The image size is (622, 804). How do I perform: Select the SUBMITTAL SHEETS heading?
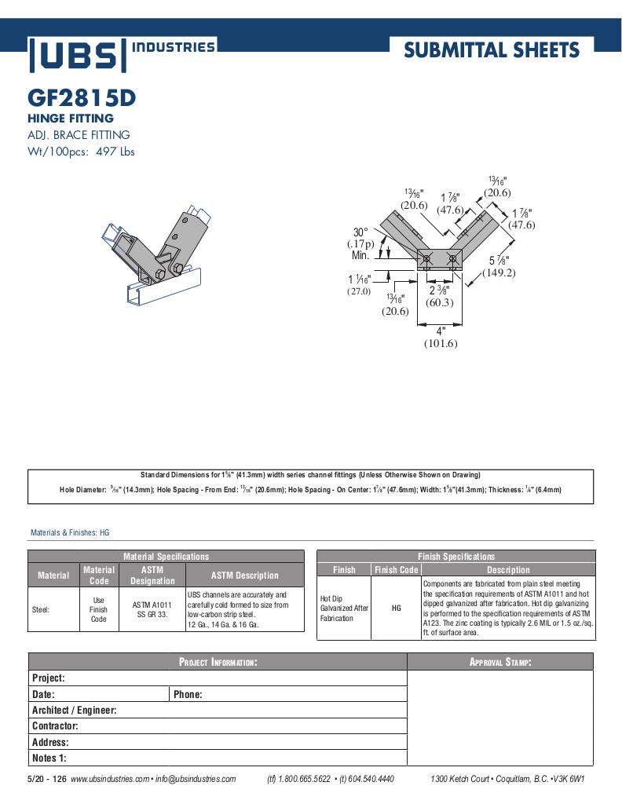[x=491, y=51]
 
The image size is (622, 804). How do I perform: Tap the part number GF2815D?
[x=82, y=98]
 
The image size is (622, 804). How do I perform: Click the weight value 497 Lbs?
[x=115, y=152]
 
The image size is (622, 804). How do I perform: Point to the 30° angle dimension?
[x=360, y=232]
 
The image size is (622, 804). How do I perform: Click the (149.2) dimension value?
[x=499, y=273]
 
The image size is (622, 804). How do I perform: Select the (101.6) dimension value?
[x=441, y=343]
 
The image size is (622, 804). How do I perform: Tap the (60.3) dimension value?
[x=438, y=302]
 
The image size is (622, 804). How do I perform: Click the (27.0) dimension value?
[x=359, y=291]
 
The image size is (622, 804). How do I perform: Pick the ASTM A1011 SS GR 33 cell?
[x=152, y=609]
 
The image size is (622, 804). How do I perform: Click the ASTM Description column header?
[x=245, y=576]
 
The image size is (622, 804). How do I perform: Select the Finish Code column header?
[x=396, y=570]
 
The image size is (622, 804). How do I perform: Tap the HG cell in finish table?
[x=396, y=608]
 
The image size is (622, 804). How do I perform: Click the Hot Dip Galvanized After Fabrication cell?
[x=344, y=608]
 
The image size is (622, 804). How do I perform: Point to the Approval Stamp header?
[x=500, y=662]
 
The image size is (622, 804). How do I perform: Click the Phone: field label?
[x=188, y=694]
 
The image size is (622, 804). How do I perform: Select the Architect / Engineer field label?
[x=74, y=710]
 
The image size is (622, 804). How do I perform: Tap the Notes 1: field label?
[x=49, y=758]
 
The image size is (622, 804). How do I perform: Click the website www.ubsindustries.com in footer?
[x=109, y=779]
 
